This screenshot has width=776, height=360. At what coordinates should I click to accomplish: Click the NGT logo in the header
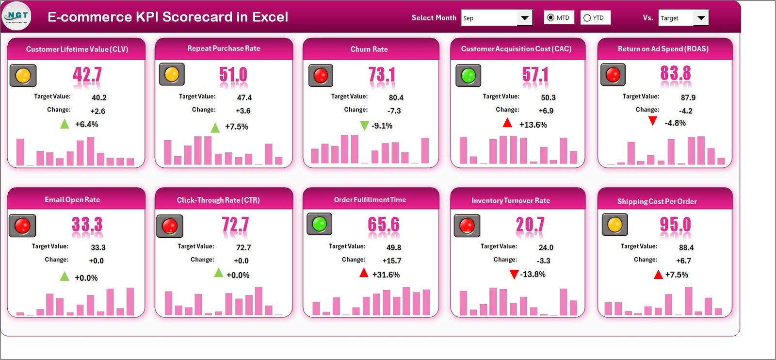17,16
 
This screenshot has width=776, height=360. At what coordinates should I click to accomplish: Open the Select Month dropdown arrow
524,18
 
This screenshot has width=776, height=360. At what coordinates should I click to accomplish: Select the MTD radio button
550,17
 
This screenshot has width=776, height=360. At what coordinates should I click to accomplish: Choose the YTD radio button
587,18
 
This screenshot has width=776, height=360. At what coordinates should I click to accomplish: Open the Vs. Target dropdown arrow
701,18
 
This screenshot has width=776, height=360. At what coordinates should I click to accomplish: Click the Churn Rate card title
369,49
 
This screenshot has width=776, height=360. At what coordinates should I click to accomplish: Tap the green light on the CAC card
468,76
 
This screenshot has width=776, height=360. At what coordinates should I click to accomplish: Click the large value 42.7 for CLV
87,75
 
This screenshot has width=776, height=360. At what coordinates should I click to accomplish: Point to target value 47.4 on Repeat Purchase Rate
244,98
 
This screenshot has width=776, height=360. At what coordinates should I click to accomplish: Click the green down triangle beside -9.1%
364,126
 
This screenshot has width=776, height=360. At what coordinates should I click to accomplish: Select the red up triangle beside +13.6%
507,123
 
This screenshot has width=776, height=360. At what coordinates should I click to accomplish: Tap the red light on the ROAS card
613,75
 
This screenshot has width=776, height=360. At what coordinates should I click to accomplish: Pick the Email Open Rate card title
72,199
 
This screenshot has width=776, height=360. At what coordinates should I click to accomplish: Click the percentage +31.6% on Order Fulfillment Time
386,275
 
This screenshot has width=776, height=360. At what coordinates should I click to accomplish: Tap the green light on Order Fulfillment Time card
319,224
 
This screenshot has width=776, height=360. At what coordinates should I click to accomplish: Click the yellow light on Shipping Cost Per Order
614,225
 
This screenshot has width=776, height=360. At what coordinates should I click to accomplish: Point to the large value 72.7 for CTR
235,225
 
